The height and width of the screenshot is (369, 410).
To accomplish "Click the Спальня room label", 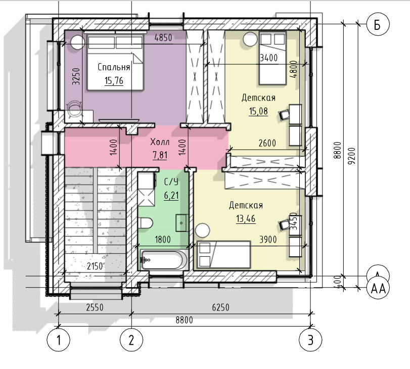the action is pos(114,67).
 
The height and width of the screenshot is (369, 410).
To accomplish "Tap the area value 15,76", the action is pos(114,80).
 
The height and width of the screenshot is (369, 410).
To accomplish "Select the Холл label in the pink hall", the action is pos(160,142).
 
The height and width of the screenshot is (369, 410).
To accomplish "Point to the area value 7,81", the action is pos(160,155).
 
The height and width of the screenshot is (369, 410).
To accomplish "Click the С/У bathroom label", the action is pos(171,182).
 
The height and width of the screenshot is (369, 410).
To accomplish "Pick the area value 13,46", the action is pos(246,218).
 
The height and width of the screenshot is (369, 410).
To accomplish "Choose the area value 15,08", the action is pos(258,111).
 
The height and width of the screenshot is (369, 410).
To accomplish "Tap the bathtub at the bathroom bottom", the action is pos(163,259).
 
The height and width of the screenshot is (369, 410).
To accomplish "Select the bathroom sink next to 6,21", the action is pos(181,223).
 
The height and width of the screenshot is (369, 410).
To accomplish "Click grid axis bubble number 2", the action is pos(131,340).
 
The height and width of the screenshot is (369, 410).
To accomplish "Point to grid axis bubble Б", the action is pos(378,24).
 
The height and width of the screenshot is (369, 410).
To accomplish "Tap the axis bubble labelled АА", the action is pos(378,289).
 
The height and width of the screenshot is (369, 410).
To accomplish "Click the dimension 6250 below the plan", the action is pos(221,307).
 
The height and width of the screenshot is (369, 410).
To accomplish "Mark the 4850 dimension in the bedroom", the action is pos(163,37).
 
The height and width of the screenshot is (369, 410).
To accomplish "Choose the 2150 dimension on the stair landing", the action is pos(95,266).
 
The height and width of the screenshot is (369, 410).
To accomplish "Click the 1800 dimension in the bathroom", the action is pos(163,239).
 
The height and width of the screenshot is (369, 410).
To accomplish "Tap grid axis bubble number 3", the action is pos(310,340).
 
